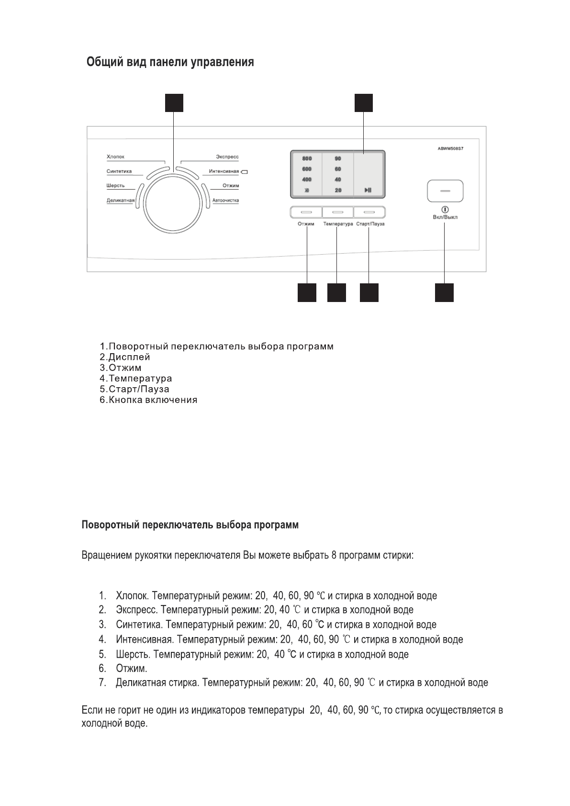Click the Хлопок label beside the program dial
[115, 157]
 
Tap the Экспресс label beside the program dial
[227, 157]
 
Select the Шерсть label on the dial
[115, 186]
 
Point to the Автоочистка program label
[225, 201]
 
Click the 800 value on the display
[307, 158]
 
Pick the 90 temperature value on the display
[338, 158]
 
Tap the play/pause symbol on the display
[368, 190]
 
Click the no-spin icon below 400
[307, 190]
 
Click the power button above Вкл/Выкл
[445, 190]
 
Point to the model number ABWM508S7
[450, 148]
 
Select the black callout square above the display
[364, 103]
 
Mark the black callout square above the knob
[174, 103]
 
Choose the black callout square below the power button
[444, 292]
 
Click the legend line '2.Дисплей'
[125, 357]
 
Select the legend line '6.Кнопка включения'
[148, 400]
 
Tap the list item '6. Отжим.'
[123, 668]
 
